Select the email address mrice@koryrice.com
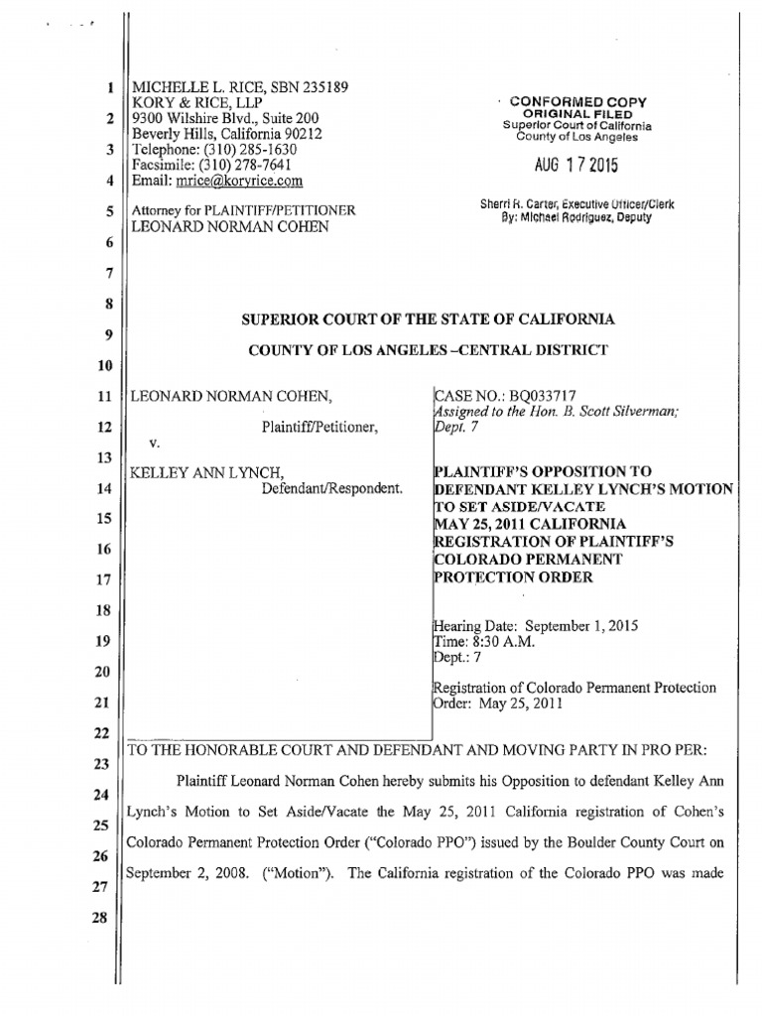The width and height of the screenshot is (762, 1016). [x=239, y=181]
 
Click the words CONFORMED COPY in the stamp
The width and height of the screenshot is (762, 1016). [x=577, y=102]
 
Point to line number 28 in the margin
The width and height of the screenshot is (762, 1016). [x=108, y=948]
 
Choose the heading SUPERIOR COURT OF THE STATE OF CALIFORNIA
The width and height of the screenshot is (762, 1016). [x=430, y=318]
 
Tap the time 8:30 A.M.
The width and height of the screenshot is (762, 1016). [x=503, y=642]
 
